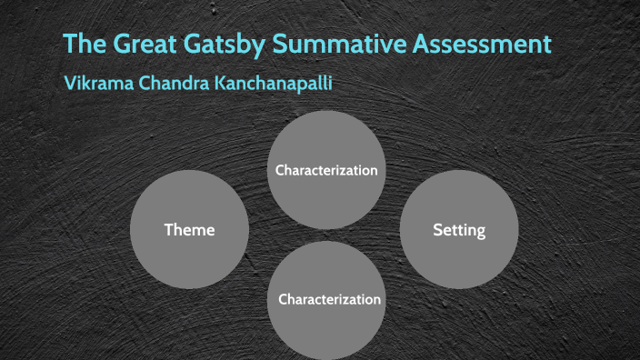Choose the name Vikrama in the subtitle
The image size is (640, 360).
click(101, 83)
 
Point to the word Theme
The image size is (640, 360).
click(189, 230)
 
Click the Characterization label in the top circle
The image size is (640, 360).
click(326, 170)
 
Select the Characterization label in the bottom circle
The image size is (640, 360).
click(329, 299)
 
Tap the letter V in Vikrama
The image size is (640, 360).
click(70, 83)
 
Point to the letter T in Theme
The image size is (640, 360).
click(168, 230)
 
